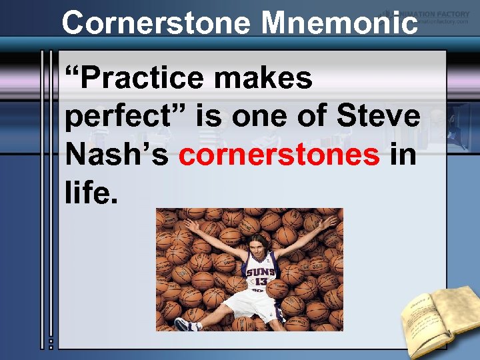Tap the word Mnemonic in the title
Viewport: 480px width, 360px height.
(x=340, y=23)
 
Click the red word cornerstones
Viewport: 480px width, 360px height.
(x=279, y=155)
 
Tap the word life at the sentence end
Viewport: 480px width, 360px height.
(x=91, y=193)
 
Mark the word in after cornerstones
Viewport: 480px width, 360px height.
(x=403, y=155)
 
